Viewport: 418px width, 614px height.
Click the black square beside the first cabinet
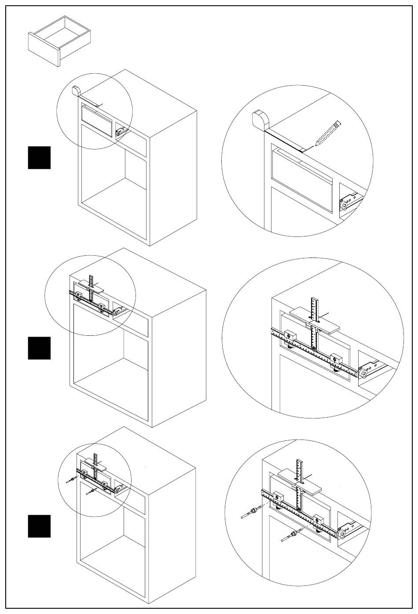(x=39, y=158)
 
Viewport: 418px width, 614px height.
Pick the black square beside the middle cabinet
(x=39, y=348)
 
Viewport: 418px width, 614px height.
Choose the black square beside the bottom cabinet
(x=39, y=526)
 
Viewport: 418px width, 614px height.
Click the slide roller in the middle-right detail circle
(x=364, y=374)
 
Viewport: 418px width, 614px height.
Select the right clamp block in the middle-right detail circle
(x=337, y=360)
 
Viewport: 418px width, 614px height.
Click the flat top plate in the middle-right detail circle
(x=315, y=320)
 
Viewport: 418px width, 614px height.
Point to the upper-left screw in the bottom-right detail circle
(x=251, y=513)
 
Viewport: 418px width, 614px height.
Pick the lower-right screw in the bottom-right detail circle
(x=290, y=535)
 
